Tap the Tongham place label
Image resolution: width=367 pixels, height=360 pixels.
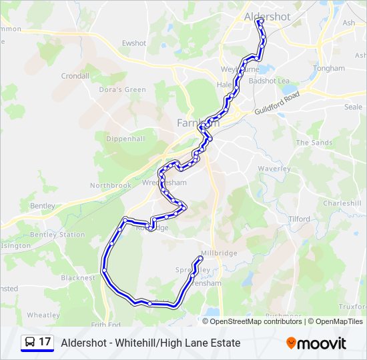pos(329,68)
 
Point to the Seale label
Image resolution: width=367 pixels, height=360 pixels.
pos(353,107)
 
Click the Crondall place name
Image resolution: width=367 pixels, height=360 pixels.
pos(75,76)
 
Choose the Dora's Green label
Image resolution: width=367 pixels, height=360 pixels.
pos(122,89)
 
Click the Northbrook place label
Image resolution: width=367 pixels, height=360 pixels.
pos(111,185)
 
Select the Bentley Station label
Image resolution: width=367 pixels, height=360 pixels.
pos(57,235)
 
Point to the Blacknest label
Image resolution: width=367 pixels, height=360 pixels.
pos(78,278)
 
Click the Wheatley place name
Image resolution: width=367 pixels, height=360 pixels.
pos(43,315)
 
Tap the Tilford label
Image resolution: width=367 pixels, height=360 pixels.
pos(299,219)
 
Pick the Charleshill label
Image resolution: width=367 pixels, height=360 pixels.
pos(342,203)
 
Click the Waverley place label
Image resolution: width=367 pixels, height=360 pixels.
pos(274,169)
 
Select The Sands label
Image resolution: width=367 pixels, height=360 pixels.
pos(314,143)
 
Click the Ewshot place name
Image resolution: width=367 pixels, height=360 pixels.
pos(133,43)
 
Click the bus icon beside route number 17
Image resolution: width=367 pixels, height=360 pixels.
pos(29,343)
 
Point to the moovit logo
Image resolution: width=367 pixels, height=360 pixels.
pos(316,343)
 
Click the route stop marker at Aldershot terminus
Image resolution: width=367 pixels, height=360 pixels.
pos(260,21)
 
